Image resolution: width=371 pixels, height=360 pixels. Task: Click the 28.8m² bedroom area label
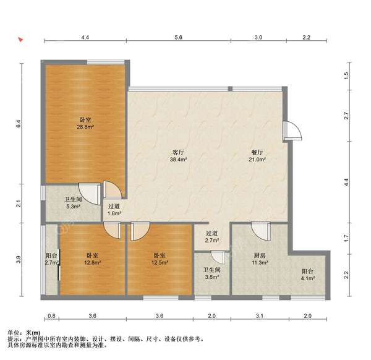click(85, 123)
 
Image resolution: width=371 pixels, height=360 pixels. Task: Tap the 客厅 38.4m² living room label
click(179, 156)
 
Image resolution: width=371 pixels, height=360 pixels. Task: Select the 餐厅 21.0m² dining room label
click(257, 156)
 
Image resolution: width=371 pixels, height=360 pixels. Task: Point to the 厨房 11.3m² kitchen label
click(260, 259)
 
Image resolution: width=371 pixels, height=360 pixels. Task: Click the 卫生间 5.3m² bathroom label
click(74, 203)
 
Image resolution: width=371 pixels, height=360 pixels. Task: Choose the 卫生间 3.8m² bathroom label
click(211, 273)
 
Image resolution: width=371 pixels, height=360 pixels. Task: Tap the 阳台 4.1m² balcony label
click(307, 275)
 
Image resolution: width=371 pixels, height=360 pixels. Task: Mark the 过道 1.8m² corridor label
click(114, 210)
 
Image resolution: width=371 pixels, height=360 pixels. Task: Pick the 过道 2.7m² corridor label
click(211, 237)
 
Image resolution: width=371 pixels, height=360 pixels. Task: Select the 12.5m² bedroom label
click(160, 259)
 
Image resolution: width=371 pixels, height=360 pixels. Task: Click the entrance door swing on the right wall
click(292, 131)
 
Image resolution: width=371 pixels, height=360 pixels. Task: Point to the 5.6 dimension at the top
click(179, 37)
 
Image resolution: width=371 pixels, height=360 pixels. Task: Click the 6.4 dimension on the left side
click(19, 124)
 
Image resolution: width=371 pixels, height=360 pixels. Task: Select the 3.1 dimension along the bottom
click(260, 315)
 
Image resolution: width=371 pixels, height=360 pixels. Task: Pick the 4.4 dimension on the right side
click(346, 182)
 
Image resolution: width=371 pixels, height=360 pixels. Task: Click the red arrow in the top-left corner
click(20, 40)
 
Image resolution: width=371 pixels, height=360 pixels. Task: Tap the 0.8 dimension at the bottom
click(51, 315)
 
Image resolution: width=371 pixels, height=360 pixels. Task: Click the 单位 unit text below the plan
click(14, 333)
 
